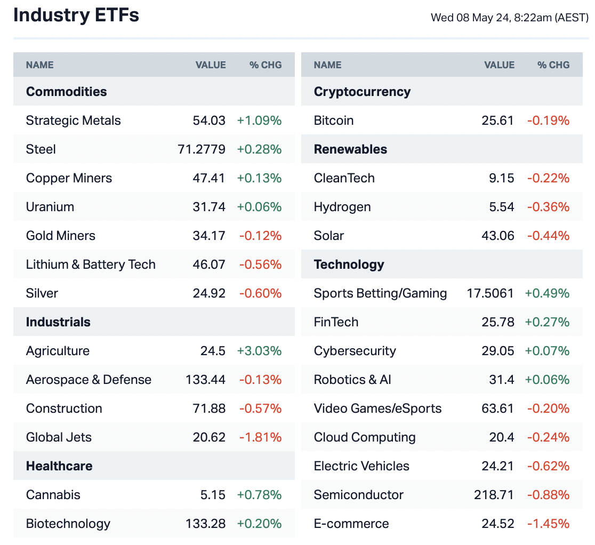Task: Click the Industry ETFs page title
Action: [76, 15]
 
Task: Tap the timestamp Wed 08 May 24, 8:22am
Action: [509, 18]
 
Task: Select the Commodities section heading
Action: [66, 92]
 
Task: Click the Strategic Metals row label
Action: [73, 121]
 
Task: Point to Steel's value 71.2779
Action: [202, 149]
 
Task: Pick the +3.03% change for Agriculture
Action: [259, 351]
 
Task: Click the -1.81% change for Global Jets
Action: [260, 437]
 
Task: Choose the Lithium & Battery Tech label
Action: [91, 265]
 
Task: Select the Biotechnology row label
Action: [68, 524]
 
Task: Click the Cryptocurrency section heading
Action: [362, 92]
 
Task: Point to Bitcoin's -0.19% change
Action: [548, 121]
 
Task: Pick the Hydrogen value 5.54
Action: [502, 207]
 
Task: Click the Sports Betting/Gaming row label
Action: [380, 293]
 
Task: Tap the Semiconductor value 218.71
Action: [494, 495]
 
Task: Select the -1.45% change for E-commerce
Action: [548, 524]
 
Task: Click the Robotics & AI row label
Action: [352, 380]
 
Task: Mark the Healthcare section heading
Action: [59, 466]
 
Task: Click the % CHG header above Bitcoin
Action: [553, 65]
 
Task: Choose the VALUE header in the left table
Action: [211, 65]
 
